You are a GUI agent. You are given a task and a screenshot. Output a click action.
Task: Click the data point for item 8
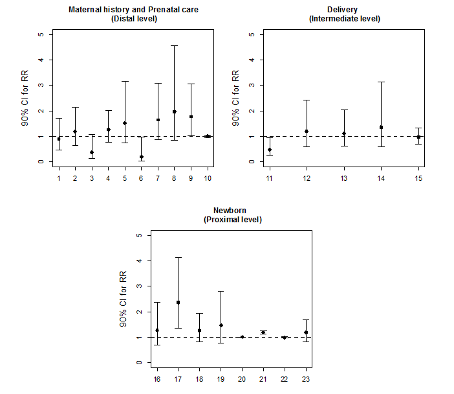(174, 111)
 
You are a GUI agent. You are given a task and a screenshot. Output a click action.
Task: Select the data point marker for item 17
(178, 303)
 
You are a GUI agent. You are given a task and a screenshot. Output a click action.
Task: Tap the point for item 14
(382, 127)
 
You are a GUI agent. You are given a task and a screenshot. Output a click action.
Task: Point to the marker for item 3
(92, 152)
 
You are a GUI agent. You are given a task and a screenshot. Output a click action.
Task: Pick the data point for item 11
(270, 150)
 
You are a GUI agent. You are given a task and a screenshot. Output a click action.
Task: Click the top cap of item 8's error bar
(174, 46)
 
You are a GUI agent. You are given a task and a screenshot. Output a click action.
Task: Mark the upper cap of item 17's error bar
(178, 258)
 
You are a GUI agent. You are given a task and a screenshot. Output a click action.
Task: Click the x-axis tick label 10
(207, 177)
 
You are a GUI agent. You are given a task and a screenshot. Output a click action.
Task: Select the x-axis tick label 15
(418, 177)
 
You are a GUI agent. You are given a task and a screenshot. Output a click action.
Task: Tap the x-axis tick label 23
(306, 378)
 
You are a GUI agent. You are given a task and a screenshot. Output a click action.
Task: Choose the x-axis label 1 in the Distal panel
(59, 177)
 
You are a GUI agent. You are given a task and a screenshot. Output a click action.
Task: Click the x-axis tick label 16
(157, 378)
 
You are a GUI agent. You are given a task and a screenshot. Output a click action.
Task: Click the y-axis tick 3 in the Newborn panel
(138, 286)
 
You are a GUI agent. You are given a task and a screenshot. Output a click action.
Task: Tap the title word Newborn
(231, 211)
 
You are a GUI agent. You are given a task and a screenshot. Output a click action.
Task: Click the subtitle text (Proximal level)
(231, 220)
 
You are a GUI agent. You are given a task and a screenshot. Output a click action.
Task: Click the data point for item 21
(263, 332)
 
